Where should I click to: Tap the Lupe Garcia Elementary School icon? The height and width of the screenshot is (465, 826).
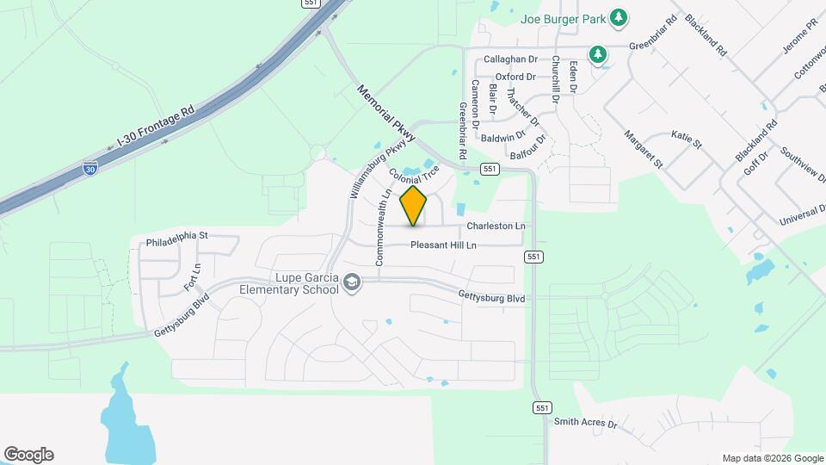(351, 282)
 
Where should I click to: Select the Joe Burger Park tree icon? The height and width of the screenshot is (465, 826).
(618, 17)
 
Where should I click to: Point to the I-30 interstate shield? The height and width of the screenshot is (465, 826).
(90, 170)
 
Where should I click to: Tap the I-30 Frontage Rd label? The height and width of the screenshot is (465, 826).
(157, 129)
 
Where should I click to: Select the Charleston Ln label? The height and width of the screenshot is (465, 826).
(496, 226)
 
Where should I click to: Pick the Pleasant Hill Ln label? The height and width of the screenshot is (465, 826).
(455, 245)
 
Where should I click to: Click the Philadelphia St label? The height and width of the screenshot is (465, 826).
(177, 234)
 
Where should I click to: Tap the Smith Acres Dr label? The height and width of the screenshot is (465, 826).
(586, 423)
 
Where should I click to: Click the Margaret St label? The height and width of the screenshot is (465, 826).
(644, 149)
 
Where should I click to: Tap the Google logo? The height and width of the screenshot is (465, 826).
(28, 455)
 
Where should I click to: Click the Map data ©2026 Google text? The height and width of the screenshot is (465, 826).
(772, 458)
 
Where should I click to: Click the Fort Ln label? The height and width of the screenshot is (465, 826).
(192, 276)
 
